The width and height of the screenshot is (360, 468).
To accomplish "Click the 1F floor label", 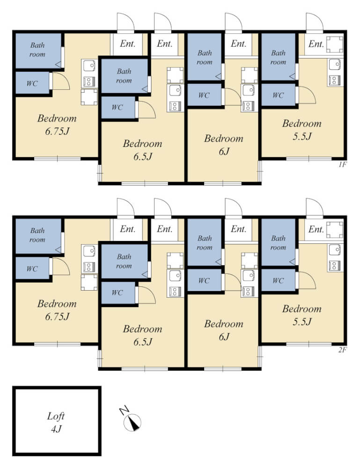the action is coord(342,164).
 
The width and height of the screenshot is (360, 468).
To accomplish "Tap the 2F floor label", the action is coord(342,350).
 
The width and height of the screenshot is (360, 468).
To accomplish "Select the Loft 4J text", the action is coord(56,422).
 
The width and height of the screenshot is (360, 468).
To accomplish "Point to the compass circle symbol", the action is coord(132,422).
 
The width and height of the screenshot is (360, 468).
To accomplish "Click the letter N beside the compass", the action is coord(124,410).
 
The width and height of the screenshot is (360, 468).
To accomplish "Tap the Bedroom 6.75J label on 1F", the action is coord(57,124).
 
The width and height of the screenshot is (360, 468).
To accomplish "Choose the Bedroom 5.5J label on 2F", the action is coord(302,315).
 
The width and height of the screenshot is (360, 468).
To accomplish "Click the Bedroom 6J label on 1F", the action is coord(224,145).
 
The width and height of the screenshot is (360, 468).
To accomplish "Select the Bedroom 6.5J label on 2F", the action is coord(142,335).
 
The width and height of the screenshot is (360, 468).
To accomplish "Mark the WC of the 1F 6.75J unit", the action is coord(32,83).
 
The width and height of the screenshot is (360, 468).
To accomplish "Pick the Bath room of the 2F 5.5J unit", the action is coord(278,242).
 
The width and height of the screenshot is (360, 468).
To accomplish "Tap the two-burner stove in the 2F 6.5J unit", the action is coord(175,291).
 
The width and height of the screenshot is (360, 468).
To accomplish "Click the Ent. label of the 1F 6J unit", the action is coord(238,44).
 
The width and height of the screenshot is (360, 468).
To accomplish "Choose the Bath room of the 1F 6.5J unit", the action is coord(124,76).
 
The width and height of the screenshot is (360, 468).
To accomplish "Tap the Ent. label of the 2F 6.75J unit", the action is coord(127,229).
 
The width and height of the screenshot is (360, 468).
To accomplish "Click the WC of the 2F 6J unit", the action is coord(204,280).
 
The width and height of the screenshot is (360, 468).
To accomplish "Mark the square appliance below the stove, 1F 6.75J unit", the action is coord(89,97).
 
